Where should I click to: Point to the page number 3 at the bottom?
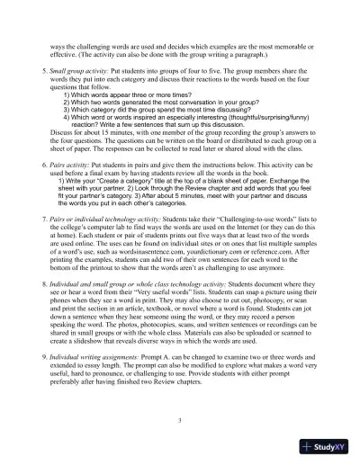(180, 419)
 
